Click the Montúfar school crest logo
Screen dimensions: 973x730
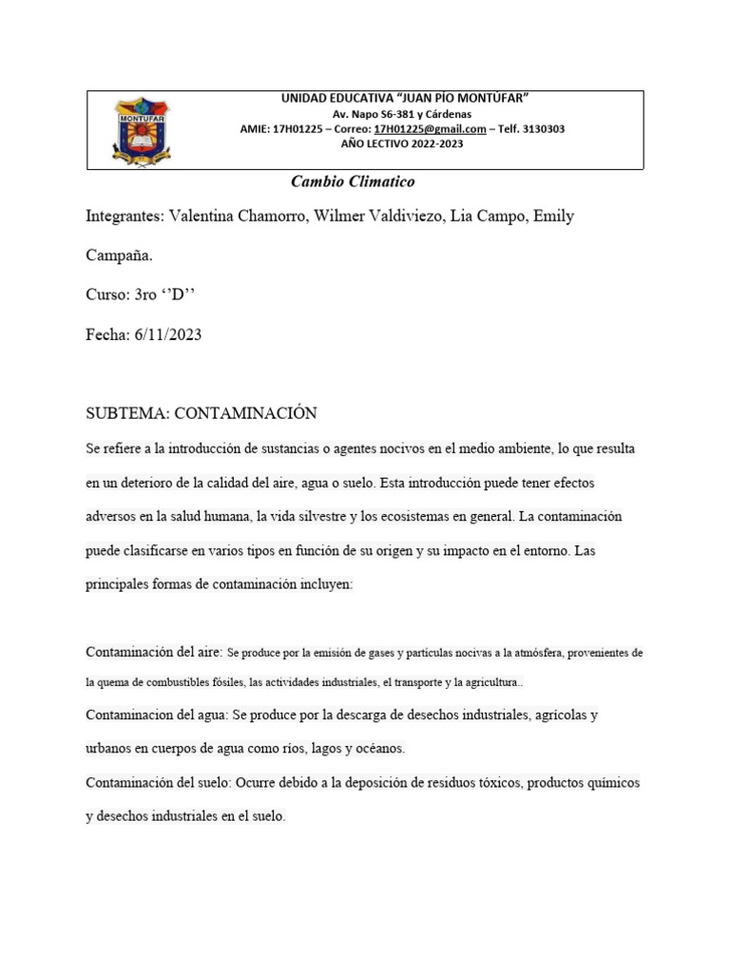[144, 129]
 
